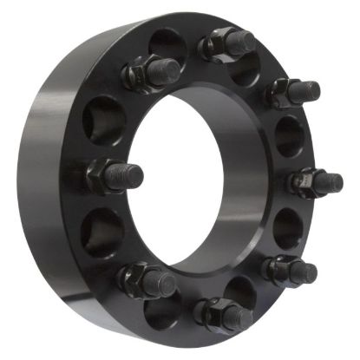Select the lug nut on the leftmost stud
click(x=100, y=177)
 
